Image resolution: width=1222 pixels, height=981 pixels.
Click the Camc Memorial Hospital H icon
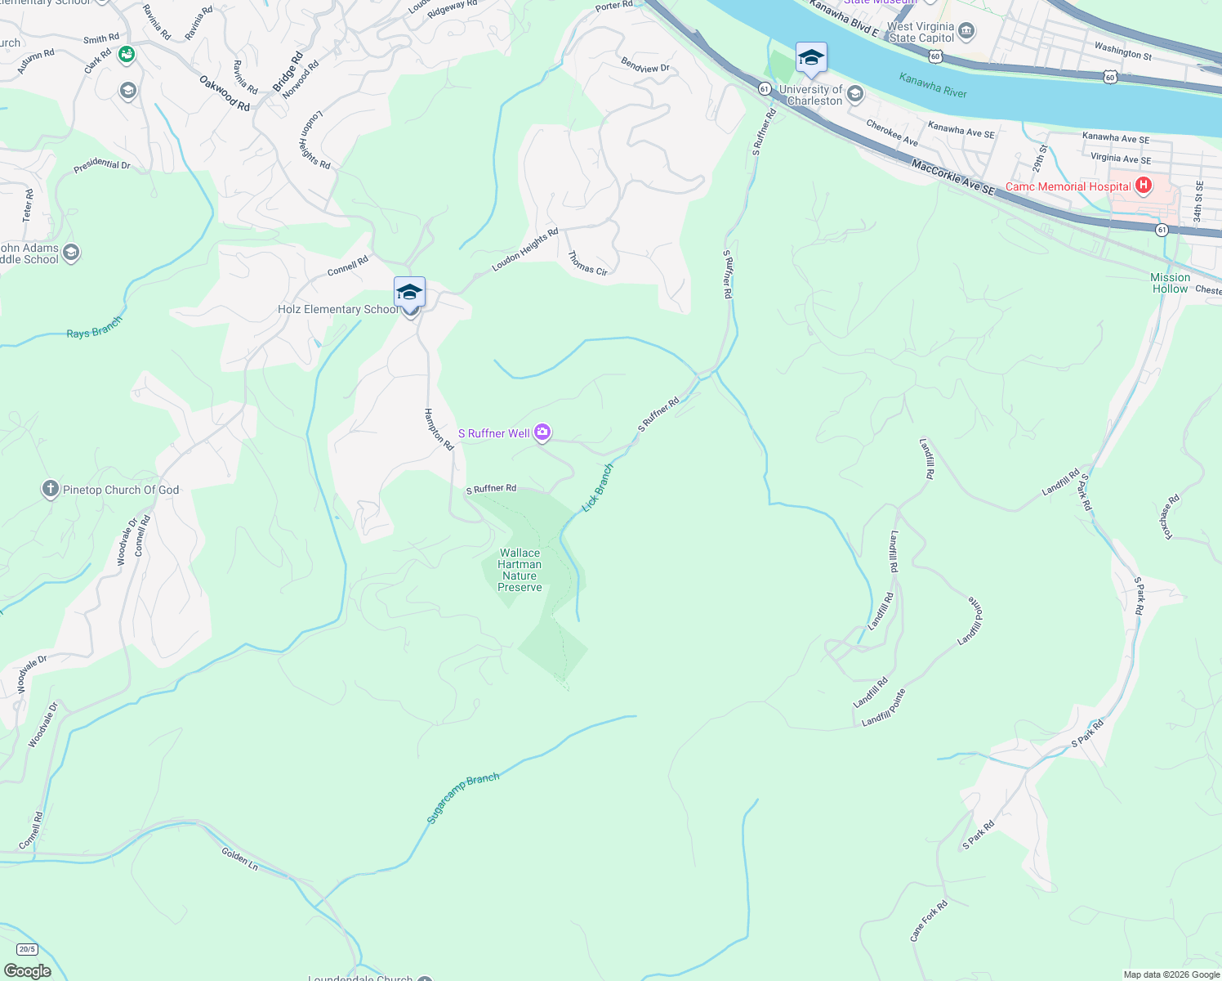point(1144,186)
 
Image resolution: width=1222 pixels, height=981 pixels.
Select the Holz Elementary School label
point(338,310)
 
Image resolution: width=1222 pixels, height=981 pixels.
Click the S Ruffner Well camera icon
point(542,432)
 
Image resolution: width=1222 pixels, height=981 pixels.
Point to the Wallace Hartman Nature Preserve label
point(520,571)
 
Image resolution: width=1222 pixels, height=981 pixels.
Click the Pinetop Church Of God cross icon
point(51,490)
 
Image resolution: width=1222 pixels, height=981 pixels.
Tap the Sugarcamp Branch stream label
point(462,798)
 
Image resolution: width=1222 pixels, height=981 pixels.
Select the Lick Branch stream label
point(597,488)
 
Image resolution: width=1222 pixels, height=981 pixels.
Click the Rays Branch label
point(94,328)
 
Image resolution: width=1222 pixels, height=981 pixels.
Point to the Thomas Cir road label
point(587,263)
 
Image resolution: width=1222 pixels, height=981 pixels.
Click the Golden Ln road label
point(239,858)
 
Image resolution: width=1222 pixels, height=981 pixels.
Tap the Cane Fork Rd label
point(929,921)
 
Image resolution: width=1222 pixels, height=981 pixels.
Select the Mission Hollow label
point(1170,283)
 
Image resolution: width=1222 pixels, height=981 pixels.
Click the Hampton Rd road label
point(439,430)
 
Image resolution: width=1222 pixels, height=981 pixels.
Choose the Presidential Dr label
point(102,164)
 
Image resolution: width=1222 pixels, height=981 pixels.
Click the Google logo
point(27,971)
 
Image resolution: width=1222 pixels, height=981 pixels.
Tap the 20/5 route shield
point(27,949)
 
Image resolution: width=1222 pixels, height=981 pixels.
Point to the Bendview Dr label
point(645,65)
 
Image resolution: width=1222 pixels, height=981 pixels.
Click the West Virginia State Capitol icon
point(966,32)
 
